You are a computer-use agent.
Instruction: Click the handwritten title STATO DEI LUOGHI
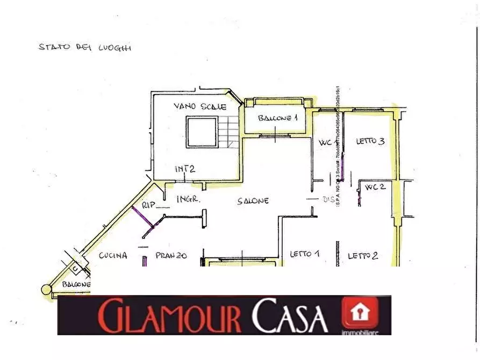click(x=85, y=47)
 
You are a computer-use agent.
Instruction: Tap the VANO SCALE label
click(x=200, y=106)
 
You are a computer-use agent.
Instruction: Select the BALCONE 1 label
click(x=277, y=118)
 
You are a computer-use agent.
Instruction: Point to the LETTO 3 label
click(x=370, y=141)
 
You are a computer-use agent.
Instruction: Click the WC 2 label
click(x=376, y=188)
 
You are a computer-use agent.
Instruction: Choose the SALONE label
click(x=253, y=201)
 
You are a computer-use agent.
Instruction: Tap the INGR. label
click(x=189, y=199)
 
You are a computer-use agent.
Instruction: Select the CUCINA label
click(x=113, y=256)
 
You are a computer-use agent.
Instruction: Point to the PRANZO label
click(x=171, y=256)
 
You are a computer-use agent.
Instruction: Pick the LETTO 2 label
click(x=362, y=256)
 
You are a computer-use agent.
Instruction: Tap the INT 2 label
click(x=184, y=169)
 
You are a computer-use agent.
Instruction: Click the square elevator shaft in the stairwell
click(x=200, y=132)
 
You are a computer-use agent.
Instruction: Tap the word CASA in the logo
click(x=290, y=316)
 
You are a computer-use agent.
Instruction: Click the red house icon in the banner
click(x=361, y=313)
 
